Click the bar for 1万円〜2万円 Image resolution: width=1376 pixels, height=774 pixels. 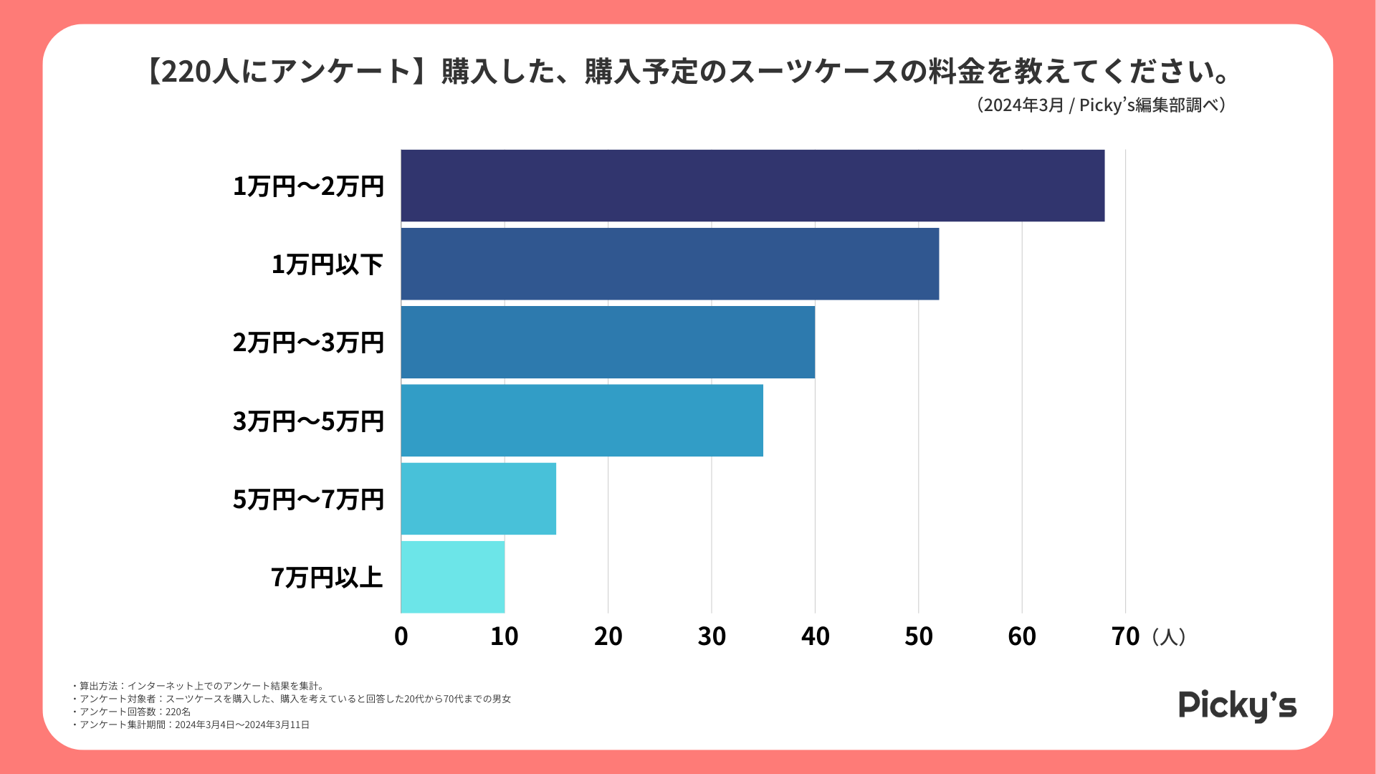[x=752, y=186]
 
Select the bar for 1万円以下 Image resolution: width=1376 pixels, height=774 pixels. [x=669, y=264]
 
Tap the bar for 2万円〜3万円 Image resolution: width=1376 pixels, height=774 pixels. [x=608, y=342]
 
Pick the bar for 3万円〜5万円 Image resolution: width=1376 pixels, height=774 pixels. [x=582, y=420]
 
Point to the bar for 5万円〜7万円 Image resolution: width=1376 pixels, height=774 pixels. [x=478, y=499]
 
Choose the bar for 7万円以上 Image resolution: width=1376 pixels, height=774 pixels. [x=452, y=577]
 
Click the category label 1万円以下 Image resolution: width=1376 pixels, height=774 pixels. [x=328, y=264]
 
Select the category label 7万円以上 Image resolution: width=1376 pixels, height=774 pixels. [x=327, y=578]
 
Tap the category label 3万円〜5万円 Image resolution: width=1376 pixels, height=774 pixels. [x=308, y=421]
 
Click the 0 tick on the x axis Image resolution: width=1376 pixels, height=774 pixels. [x=401, y=636]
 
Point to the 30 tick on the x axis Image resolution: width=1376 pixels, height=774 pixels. [x=712, y=636]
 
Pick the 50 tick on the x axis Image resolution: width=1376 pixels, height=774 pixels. [x=919, y=636]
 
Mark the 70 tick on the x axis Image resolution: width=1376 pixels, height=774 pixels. [x=1125, y=636]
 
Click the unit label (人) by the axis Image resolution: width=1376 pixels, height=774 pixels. [x=1169, y=636]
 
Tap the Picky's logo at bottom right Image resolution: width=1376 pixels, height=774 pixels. [x=1238, y=706]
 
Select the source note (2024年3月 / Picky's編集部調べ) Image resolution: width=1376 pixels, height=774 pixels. [x=1101, y=105]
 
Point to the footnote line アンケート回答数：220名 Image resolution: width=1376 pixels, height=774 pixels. [x=132, y=712]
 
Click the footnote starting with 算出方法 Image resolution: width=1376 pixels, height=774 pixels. [x=200, y=686]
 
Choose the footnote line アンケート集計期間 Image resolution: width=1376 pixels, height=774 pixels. [x=192, y=725]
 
